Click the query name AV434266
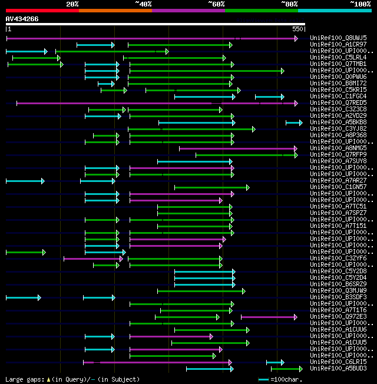22,19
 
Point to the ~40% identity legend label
143,4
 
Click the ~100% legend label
360,4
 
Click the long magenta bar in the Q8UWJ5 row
147,38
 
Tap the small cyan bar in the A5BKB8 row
293,123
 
